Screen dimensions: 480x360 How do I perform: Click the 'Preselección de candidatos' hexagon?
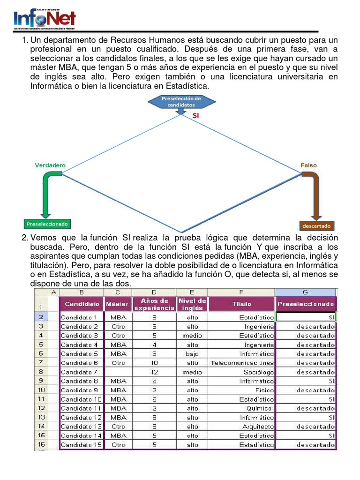pos(181,102)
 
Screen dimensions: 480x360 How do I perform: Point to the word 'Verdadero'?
pos(50,165)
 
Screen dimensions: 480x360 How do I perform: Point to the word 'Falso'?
pos(308,165)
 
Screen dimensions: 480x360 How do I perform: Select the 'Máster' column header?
pos(117,304)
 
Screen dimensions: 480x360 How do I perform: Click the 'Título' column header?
pos(241,304)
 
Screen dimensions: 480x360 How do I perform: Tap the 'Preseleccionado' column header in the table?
pos(306,304)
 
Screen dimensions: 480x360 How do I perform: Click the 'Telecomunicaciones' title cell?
pos(242,363)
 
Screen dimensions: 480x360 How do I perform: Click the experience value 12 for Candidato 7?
pos(154,372)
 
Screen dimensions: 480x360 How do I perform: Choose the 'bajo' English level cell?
pos(192,354)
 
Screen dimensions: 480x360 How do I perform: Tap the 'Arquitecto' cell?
pos(258,427)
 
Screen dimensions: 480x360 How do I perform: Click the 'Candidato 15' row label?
pos(81,445)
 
